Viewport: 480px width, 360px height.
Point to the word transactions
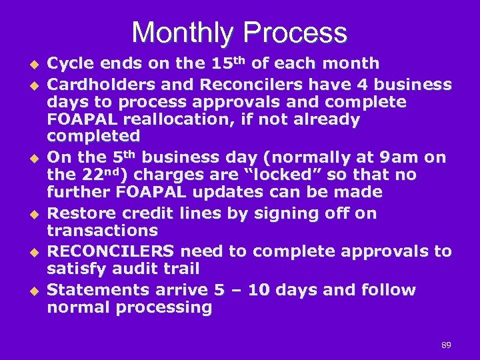102,231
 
